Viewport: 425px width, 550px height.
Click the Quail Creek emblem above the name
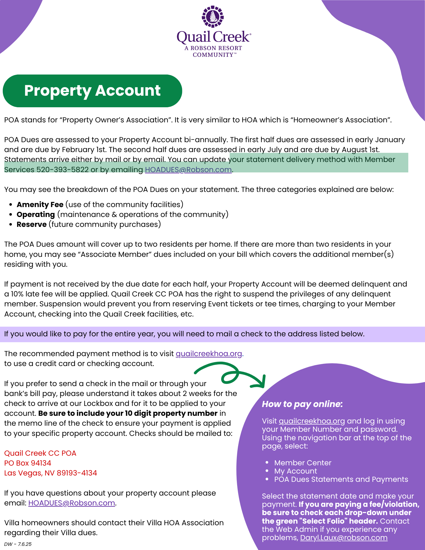[213, 16]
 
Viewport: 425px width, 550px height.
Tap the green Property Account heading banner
[92, 91]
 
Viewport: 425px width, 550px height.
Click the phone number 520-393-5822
[62, 170]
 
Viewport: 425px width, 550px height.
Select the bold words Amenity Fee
[40, 205]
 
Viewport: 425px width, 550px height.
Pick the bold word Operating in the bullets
[36, 215]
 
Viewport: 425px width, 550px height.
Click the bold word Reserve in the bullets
[32, 224]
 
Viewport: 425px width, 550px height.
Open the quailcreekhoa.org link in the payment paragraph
[209, 354]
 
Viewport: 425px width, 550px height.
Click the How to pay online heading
[302, 404]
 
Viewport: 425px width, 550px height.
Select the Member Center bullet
[303, 463]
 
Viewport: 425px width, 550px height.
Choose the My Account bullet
[295, 471]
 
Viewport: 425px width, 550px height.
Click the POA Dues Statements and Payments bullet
[341, 479]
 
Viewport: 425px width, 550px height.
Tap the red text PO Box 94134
[28, 463]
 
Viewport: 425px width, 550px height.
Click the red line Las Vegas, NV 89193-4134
[51, 473]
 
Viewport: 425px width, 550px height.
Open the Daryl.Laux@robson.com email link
[344, 538]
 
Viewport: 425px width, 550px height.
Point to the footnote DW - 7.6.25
[18, 544]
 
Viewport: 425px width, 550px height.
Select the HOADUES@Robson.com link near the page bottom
[72, 503]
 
